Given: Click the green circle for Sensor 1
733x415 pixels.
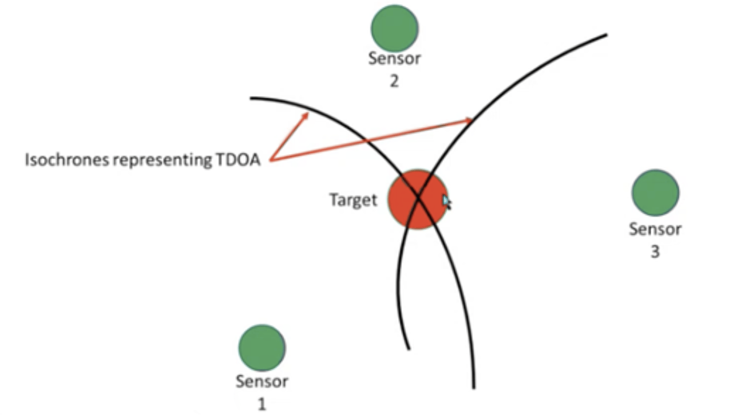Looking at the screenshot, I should click(262, 348).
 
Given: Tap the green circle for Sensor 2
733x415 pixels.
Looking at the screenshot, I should click(394, 28).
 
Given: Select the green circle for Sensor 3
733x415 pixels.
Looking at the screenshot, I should click(655, 192).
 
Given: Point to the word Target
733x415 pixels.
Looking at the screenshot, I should click(353, 200).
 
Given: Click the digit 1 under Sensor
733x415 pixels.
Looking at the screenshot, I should click(262, 404).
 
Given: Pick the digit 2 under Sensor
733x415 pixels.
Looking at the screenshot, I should click(394, 81).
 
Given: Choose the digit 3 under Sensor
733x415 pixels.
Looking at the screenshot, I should click(655, 251).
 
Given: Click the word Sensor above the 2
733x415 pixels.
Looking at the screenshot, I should click(394, 58).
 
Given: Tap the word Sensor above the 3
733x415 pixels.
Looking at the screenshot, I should click(655, 229).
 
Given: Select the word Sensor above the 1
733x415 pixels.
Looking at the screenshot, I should click(262, 381).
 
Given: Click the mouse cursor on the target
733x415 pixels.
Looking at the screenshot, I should click(446, 201).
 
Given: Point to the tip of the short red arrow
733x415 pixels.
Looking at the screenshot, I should click(308, 113).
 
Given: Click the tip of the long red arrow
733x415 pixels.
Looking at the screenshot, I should click(473, 119).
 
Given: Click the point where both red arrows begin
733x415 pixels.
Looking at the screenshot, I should click(270, 160).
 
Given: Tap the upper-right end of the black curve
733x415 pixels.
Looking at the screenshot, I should click(606, 35).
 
